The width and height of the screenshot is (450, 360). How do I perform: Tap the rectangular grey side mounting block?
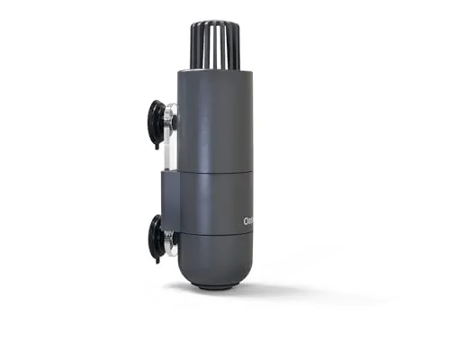170,201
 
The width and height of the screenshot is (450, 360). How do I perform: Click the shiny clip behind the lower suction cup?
171,241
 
